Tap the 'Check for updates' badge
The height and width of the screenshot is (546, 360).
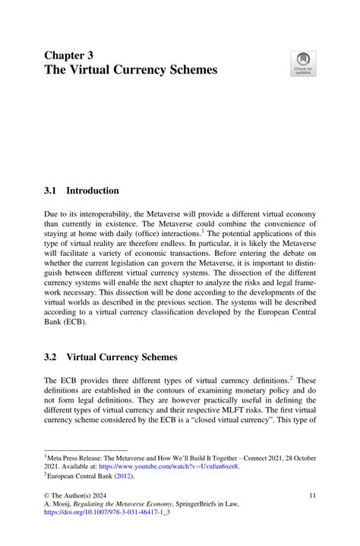point(304,64)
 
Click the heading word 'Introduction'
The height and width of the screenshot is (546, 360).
point(92,190)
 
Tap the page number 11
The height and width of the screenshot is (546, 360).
point(313,496)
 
